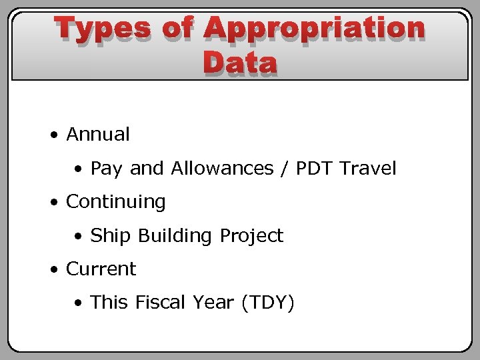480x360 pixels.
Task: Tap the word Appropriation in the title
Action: click(x=314, y=29)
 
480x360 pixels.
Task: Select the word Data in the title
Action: click(x=240, y=63)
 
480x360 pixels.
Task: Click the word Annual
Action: click(x=98, y=135)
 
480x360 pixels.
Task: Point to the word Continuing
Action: click(x=115, y=202)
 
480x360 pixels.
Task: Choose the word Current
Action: click(x=101, y=269)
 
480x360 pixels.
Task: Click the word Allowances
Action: click(x=222, y=169)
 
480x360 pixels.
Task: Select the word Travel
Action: click(x=368, y=169)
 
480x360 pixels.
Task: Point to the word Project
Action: click(x=251, y=236)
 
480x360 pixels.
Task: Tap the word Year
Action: click(x=214, y=303)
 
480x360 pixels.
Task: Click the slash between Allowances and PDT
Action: click(x=285, y=169)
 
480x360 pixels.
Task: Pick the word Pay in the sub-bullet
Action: click(x=106, y=169)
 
